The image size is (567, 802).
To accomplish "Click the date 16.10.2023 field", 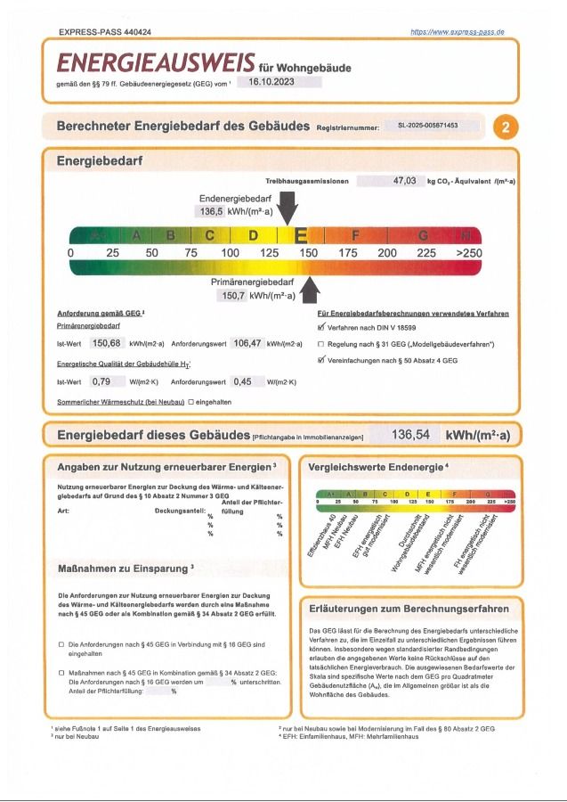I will (278, 82).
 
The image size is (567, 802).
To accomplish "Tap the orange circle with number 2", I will (506, 127).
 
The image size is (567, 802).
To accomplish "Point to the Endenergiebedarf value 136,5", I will (209, 212).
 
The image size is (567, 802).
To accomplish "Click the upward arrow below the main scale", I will (310, 290).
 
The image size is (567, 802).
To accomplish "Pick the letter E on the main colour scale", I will (301, 235).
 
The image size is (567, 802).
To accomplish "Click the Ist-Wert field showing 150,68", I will (106, 343).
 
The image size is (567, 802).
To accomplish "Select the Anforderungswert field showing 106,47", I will (252, 343).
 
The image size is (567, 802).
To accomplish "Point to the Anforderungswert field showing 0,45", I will (242, 382).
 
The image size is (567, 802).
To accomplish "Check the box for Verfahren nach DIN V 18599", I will (321, 327).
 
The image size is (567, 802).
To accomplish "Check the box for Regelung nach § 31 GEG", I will (321, 343).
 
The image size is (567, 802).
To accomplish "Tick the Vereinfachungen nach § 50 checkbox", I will (321, 359).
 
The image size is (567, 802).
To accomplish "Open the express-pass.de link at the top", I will (458, 32).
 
